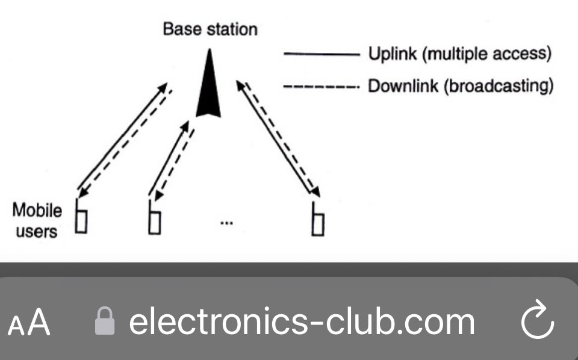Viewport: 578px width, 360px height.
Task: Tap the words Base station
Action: (x=210, y=29)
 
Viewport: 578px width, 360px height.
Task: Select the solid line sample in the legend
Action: (x=321, y=55)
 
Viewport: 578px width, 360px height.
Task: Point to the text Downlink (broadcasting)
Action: (x=461, y=87)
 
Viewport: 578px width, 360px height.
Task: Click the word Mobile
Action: (x=37, y=211)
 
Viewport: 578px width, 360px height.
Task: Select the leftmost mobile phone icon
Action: (x=81, y=218)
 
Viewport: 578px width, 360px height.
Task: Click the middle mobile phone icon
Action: (x=155, y=218)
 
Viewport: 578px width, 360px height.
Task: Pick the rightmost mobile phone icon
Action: (x=318, y=219)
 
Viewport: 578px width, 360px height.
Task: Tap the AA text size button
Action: (x=29, y=323)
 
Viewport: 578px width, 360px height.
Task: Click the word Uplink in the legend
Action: (x=393, y=55)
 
